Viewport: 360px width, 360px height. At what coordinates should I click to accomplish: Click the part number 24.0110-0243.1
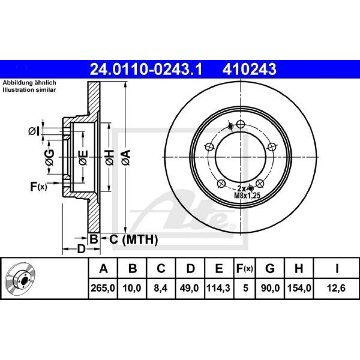(146, 69)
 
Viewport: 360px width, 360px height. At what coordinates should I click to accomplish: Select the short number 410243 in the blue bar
(249, 69)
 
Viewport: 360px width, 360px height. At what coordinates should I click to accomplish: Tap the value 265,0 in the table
(103, 288)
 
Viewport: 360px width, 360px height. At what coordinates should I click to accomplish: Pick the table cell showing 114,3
(218, 288)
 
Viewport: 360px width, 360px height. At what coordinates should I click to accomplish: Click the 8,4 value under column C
(161, 288)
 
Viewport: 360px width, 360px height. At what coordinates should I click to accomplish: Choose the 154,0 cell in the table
(299, 288)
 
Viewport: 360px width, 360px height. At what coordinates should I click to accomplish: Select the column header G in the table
(270, 268)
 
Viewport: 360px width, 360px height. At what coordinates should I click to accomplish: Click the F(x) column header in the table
(245, 268)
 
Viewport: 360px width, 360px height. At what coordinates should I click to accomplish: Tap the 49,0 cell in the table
(189, 288)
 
